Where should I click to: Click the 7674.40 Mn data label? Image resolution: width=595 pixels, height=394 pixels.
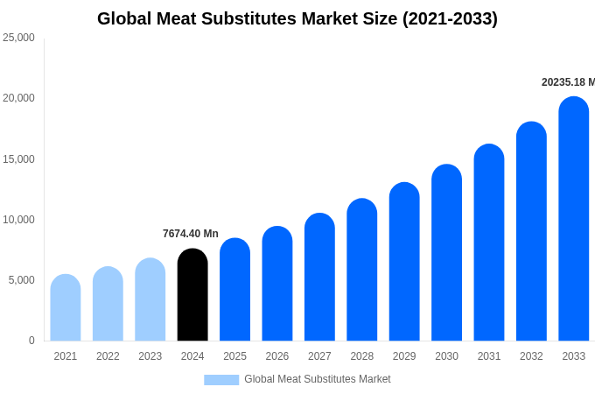[x=191, y=234]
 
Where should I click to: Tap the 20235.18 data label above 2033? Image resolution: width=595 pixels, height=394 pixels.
[x=568, y=82]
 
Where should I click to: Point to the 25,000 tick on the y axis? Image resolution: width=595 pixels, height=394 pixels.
[x=18, y=38]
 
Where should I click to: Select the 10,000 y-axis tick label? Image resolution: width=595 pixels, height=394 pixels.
[x=18, y=220]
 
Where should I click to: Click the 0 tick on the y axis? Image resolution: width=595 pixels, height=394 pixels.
[x=31, y=341]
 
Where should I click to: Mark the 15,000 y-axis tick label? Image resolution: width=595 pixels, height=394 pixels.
[x=18, y=159]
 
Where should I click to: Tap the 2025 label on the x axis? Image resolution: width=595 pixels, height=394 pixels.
[x=234, y=356]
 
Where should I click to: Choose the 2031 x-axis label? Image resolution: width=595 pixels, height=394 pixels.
[x=489, y=356]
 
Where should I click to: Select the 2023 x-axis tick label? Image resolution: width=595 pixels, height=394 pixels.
[x=150, y=356]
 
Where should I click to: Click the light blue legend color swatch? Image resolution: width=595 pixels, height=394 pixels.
[x=221, y=380]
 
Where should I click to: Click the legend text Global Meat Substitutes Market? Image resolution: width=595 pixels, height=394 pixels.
[x=318, y=379]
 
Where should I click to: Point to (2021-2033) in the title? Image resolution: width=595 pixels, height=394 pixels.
[x=450, y=18]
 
